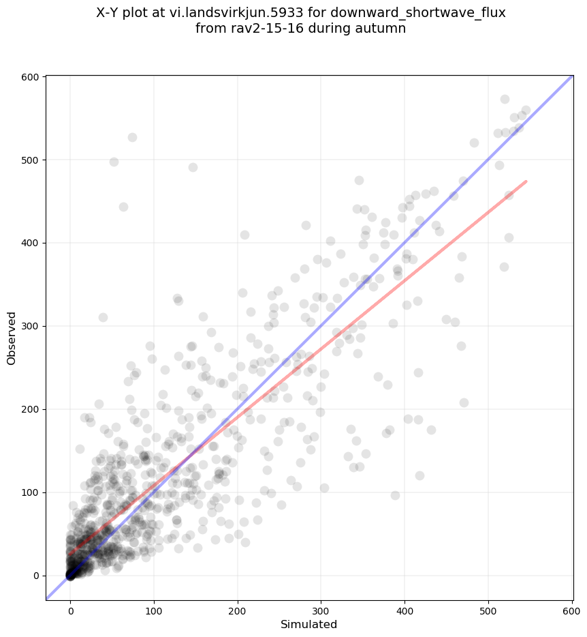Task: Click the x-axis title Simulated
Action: coord(308,624)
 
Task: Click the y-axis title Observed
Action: coord(12,338)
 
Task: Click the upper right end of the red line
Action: coord(526,181)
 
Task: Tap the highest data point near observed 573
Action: coord(505,99)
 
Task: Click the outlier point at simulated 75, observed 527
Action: coord(132,137)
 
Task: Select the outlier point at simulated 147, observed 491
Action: coord(193,167)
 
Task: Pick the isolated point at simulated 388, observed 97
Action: coord(395,495)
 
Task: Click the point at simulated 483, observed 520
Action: coord(474,143)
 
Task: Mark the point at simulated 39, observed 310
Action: coord(103,317)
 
